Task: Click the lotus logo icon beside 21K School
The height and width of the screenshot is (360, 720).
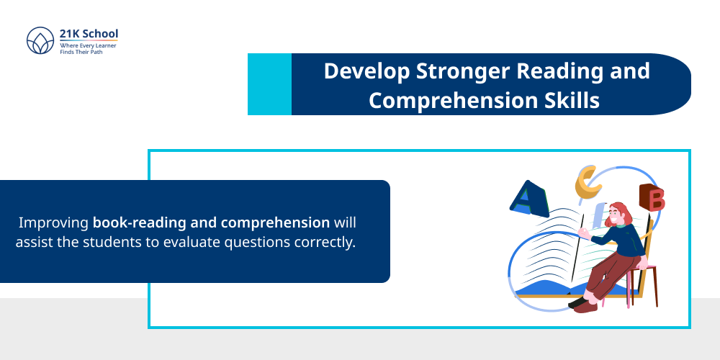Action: (x=40, y=41)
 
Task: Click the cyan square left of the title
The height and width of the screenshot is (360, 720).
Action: (x=269, y=84)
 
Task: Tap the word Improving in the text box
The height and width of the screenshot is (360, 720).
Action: (x=55, y=222)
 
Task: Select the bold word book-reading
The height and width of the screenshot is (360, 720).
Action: (x=137, y=222)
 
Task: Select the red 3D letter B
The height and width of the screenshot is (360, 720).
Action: (x=652, y=198)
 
